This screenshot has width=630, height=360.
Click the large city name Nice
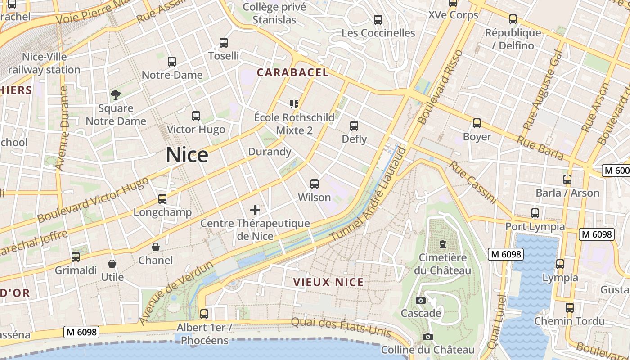[x=187, y=155]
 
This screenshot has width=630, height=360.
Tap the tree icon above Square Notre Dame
[x=116, y=94]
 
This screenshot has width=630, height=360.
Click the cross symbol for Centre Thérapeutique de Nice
[x=255, y=210]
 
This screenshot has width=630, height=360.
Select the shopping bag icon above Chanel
[x=156, y=247]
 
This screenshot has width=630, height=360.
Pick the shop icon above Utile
[x=112, y=264]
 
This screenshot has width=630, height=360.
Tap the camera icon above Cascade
[x=421, y=300]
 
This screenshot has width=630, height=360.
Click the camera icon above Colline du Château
[x=428, y=337]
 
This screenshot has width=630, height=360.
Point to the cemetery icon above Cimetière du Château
[x=443, y=244]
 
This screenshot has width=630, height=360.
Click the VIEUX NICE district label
[x=328, y=282]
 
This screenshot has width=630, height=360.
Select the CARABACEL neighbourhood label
[x=292, y=72]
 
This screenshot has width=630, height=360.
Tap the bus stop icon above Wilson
[x=315, y=184]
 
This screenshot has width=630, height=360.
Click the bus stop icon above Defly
[x=354, y=126]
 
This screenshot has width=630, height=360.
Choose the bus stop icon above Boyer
[x=477, y=123]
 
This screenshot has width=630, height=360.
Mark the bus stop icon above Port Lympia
[x=535, y=213]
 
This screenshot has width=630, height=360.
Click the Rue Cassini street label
[x=472, y=182]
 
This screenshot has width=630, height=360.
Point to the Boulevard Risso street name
[x=440, y=87]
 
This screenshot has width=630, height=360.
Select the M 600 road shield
[x=616, y=171]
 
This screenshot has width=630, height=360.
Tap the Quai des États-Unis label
[x=341, y=327]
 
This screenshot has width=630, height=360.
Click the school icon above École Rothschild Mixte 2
[x=294, y=104]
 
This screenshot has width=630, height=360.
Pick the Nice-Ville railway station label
[x=44, y=63]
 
